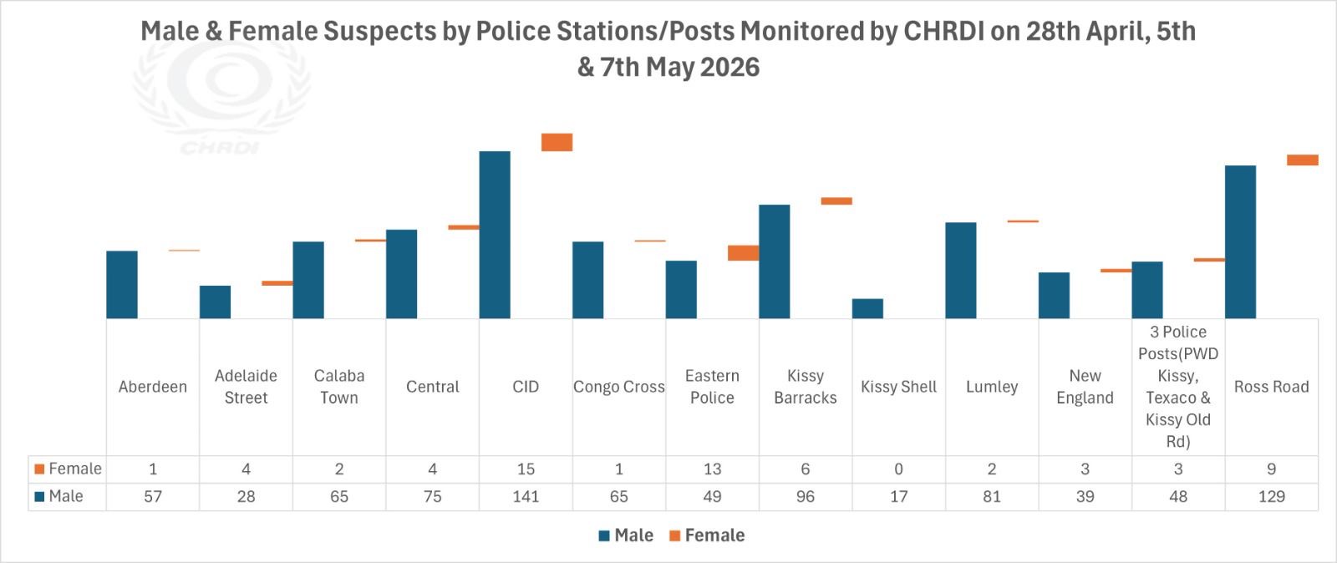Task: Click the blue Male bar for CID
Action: click(495, 235)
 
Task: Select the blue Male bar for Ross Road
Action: click(1240, 241)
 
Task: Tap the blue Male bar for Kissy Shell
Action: click(867, 308)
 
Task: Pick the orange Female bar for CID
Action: click(557, 142)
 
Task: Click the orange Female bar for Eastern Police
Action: click(743, 253)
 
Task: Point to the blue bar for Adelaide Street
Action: click(215, 302)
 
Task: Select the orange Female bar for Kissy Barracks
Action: click(836, 201)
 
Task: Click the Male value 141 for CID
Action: click(526, 496)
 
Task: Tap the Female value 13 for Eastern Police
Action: click(712, 469)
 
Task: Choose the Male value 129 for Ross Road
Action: click(1271, 496)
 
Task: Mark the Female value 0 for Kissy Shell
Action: click(899, 469)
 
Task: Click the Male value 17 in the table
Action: click(899, 496)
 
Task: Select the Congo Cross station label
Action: click(619, 387)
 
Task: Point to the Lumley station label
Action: click(992, 387)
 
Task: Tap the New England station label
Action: click(1085, 387)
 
